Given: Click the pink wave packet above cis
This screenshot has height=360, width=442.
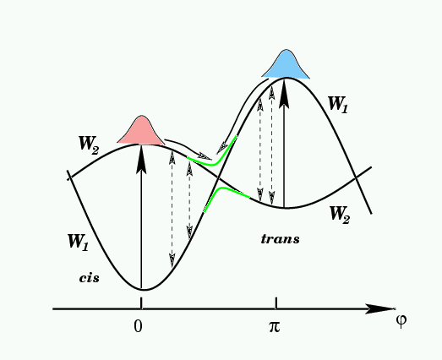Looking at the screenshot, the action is pos(141,132).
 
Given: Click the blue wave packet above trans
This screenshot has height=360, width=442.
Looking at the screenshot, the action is pos(286,65).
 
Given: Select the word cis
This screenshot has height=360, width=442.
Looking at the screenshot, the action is pos(89,278).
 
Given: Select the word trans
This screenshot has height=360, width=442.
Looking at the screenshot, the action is pos(280,239).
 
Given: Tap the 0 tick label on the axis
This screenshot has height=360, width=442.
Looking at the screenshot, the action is pos(138,327).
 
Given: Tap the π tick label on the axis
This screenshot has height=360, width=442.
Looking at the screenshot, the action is pos(274,327).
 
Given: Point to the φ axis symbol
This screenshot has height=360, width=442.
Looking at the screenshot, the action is pos(401,320).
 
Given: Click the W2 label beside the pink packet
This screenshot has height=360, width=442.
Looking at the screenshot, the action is pos(89,145).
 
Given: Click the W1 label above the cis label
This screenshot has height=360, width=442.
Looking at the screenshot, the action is pos(78,242).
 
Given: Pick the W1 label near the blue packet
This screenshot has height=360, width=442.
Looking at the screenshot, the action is pos(338,104).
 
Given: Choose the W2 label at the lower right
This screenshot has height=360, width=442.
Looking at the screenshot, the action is pos(340,215).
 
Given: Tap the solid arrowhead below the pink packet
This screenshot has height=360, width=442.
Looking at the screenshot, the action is pos(141,158).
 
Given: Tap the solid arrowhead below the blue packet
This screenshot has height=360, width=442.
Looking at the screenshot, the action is pos(285,93).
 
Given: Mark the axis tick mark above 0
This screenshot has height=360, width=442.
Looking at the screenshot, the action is pos(141,303).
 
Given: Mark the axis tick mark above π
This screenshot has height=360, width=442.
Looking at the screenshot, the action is pos(276,303).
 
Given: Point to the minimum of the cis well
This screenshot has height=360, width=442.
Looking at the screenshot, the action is pos(145,290).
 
